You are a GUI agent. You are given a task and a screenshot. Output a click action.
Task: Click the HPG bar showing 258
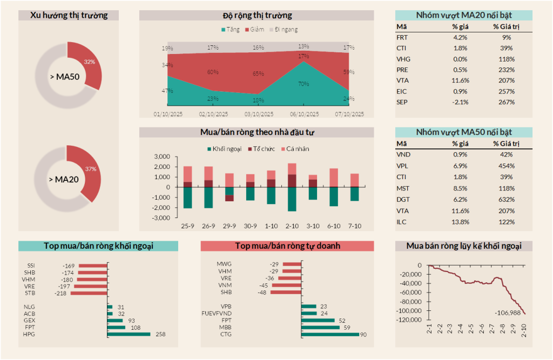point(129,334)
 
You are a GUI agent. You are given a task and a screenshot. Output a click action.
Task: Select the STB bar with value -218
point(89,293)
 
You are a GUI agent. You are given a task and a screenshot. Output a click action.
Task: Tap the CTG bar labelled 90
point(330,334)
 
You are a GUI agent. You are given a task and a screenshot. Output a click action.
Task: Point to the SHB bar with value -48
point(285,293)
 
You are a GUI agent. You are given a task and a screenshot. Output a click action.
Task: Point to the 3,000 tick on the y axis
point(162,157)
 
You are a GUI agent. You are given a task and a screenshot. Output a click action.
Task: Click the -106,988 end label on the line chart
point(509,313)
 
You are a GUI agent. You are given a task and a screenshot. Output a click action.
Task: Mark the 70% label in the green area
point(304,84)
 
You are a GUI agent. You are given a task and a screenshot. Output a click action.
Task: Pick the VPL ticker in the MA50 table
point(402,165)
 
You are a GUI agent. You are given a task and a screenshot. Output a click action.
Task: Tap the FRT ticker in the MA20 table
point(402,37)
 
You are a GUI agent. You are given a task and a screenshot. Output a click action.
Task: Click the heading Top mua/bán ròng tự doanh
point(287,246)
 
